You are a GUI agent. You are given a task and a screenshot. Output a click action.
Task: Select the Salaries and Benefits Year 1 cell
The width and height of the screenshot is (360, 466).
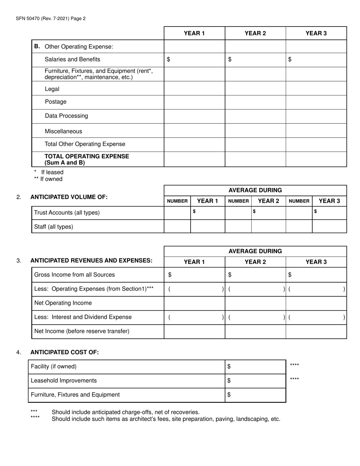coord(194,59)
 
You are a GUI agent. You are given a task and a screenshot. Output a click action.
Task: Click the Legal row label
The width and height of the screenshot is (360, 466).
coord(52,89)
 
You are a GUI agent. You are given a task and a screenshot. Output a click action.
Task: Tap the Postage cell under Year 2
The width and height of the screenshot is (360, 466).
coord(255,102)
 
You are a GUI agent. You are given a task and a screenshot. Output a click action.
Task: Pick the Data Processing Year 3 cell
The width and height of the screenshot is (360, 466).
coord(316,116)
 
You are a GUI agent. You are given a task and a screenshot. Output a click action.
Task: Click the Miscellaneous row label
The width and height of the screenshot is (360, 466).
coord(63,131)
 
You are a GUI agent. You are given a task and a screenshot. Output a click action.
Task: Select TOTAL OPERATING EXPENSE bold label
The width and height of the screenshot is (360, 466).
coord(87,160)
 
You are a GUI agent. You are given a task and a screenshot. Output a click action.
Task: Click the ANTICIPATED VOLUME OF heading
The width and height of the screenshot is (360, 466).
coord(69,197)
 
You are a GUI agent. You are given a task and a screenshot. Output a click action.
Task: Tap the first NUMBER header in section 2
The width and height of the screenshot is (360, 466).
coord(177,201)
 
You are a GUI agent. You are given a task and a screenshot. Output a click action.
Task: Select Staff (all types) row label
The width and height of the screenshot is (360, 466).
coord(54,227)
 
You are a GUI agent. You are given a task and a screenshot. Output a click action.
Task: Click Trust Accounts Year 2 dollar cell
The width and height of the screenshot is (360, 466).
coord(268,212)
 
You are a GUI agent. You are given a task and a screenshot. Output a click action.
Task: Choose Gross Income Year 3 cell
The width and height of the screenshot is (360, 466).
coord(316,275)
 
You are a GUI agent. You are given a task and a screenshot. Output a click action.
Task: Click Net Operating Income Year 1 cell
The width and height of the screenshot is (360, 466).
coord(194,303)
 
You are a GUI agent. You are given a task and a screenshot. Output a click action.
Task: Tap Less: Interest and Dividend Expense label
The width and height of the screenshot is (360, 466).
coord(83,317)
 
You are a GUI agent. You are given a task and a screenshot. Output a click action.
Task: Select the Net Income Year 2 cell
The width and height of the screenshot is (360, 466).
coord(255,331)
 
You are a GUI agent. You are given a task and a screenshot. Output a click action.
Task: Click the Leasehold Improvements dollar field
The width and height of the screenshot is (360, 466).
coord(255,381)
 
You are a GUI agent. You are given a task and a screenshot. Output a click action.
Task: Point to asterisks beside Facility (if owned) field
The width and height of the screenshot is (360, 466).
coord(294,365)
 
